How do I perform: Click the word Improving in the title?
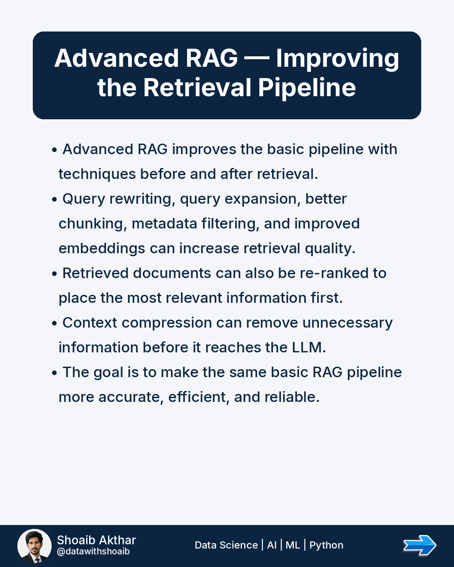(338, 59)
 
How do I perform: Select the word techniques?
(97, 175)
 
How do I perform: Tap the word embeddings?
(102, 249)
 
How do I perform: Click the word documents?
(172, 273)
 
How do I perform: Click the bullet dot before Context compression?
(55, 323)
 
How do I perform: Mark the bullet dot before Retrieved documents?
(55, 274)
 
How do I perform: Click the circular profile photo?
(34, 546)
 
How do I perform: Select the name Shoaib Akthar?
(96, 540)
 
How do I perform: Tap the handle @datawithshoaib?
(93, 551)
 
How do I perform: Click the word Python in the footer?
(326, 545)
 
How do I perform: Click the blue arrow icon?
(420, 546)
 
